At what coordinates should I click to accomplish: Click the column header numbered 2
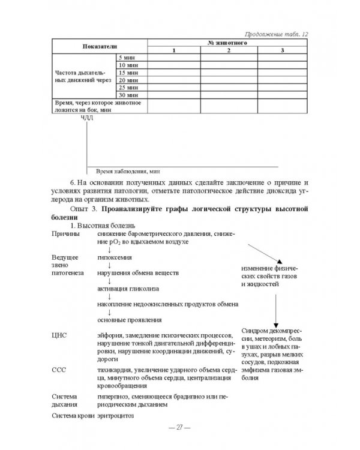pyautogui.click(x=228, y=50)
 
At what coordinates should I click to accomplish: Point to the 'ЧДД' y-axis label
pyautogui.click(x=86, y=117)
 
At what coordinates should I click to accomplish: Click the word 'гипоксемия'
pyautogui.click(x=115, y=256)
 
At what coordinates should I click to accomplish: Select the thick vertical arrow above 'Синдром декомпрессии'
pyautogui.click(x=274, y=307)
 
